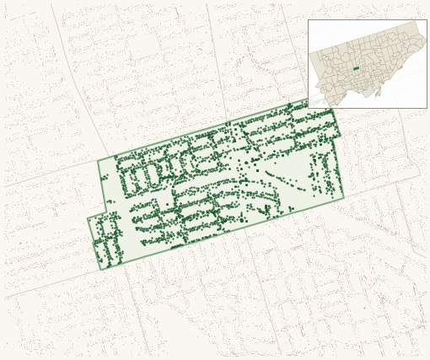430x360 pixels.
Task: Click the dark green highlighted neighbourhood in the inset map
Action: tap(356, 68)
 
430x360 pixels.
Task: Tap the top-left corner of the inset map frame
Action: tap(309, 20)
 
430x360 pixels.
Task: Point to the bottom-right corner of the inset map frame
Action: tap(427, 108)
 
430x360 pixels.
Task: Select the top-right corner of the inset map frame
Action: tap(427, 20)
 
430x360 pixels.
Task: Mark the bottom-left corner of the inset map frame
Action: tap(309, 108)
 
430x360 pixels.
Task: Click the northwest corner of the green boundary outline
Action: tap(98, 160)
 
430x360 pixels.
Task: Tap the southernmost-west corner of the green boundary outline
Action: tap(101, 269)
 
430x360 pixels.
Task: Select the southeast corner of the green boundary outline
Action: tap(344, 198)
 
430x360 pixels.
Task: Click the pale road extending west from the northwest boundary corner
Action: tap(51, 174)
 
